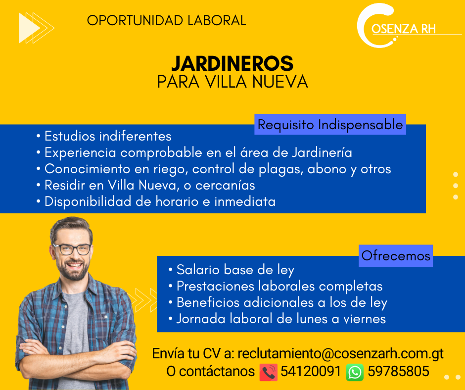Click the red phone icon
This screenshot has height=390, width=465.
coord(269,372)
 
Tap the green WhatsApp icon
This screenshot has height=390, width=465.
coord(355,372)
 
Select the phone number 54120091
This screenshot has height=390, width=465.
coord(311,371)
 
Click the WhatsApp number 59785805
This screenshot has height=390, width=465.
coord(398,371)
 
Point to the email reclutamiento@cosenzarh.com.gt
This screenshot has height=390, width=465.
coord(340,353)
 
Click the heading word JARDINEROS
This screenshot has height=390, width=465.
coord(232,63)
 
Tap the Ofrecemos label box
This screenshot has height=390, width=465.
coord(396,255)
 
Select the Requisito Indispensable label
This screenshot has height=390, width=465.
coord(330,124)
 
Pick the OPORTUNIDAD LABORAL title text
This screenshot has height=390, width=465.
coord(166,20)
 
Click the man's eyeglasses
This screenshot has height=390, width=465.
coord(71,249)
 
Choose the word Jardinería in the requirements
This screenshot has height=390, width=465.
coord(322,152)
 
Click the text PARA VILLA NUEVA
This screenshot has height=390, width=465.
coord(232,82)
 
